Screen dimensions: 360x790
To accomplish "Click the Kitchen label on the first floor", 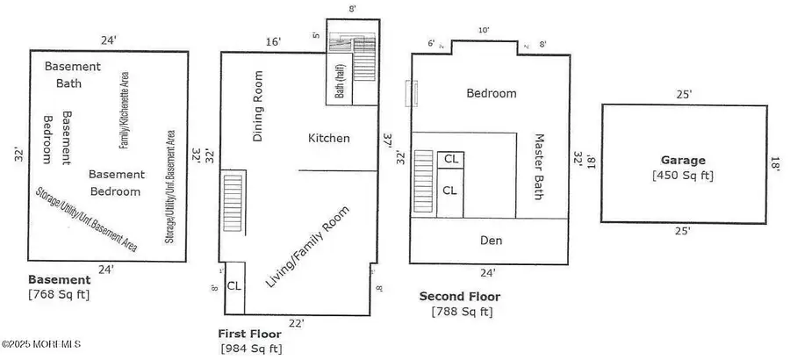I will [329, 138].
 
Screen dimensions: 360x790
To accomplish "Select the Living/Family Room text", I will [307, 247].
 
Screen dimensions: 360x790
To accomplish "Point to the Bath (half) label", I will [340, 79].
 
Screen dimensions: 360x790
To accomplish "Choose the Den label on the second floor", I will [492, 240].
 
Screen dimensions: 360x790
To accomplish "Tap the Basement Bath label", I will [73, 75].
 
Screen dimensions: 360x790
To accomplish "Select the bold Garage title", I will [684, 161].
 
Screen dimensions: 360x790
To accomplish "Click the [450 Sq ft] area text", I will [684, 176].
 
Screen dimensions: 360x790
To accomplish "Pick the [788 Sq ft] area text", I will [462, 311].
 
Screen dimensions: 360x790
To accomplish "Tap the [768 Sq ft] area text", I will [59, 293].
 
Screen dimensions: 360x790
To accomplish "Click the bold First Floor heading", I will [249, 334].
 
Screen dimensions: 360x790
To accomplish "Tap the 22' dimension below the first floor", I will [296, 323].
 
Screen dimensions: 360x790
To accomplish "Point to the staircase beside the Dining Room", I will [232, 204].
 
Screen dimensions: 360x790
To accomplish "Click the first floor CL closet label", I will [234, 285].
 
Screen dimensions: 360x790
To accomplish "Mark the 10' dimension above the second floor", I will [484, 30].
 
